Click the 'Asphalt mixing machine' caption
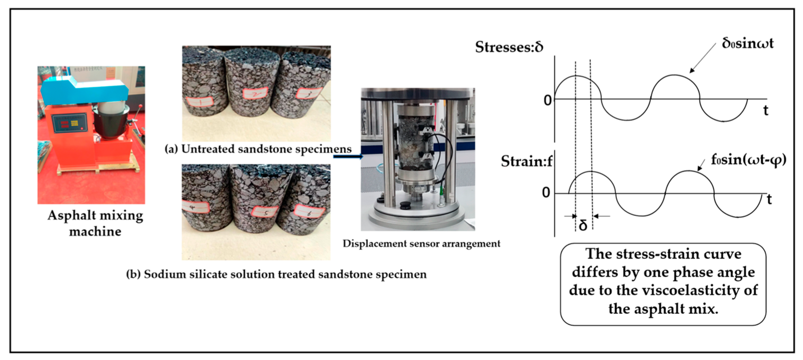pyautogui.click(x=95, y=223)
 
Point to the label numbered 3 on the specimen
pyautogui.click(x=308, y=93)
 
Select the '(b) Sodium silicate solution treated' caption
pyautogui.click(x=276, y=274)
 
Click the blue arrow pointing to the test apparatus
pyautogui.click(x=348, y=156)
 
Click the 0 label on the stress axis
pyautogui.click(x=547, y=100)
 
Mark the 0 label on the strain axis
pyautogui.click(x=546, y=193)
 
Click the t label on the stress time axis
pyautogui.click(x=766, y=110)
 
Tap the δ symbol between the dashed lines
pyautogui.click(x=583, y=225)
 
